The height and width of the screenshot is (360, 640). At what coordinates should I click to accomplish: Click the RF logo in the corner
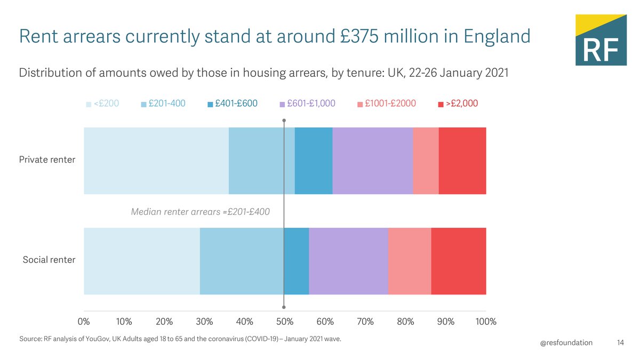tap(600, 41)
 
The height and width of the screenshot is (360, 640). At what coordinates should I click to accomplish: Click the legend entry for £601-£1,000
tap(307, 104)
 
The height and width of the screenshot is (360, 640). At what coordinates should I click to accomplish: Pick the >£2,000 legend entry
tap(458, 104)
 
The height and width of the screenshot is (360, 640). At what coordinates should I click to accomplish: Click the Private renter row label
tap(47, 160)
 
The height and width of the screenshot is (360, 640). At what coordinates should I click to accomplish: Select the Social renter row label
tap(49, 260)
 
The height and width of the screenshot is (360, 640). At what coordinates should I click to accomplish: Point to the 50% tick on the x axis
tap(285, 322)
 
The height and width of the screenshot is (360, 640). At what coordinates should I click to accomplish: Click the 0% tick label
tap(84, 322)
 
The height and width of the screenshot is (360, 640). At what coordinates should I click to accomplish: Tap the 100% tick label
tap(485, 322)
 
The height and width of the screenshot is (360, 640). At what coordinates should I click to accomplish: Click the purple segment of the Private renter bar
tap(372, 161)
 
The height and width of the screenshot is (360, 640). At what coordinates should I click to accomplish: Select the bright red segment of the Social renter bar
tap(458, 261)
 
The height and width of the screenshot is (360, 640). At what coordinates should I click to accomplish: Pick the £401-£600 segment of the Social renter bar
tap(296, 261)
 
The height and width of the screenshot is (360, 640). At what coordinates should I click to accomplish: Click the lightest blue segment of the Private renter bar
tap(156, 161)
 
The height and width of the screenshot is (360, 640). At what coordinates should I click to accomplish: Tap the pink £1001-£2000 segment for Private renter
tap(426, 161)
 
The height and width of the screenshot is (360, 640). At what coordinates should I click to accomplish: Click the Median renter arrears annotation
tap(200, 212)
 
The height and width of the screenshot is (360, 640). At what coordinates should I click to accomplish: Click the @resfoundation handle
tap(566, 342)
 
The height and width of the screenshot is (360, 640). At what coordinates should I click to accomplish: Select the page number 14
tap(620, 342)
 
